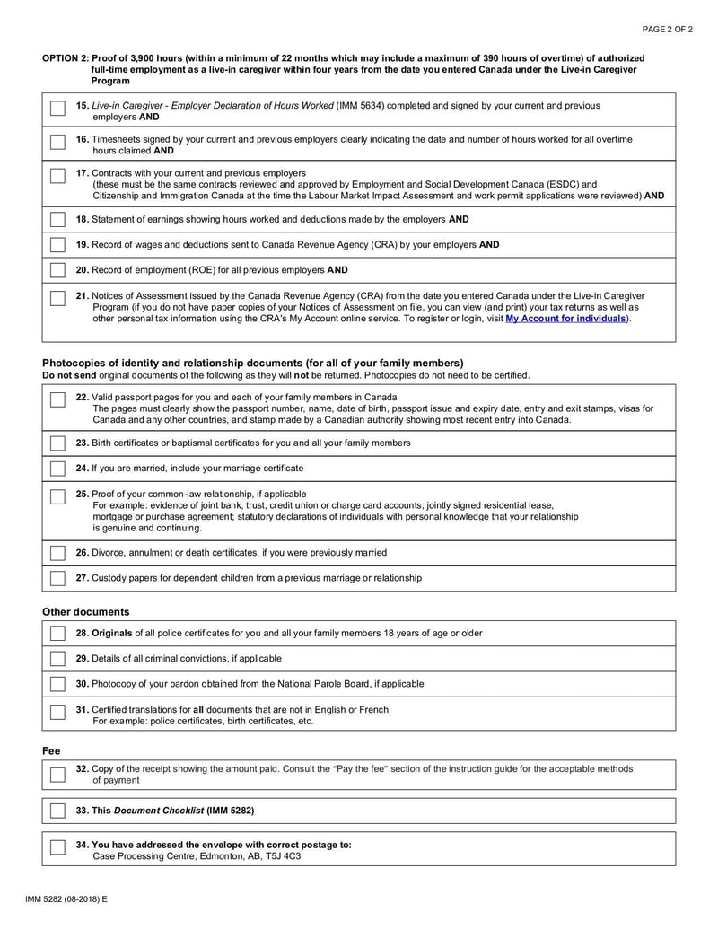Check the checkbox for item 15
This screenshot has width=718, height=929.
(x=57, y=110)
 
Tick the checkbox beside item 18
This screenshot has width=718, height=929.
(x=57, y=220)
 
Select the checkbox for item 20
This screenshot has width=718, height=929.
(x=57, y=270)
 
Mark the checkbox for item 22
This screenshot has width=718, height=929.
(x=57, y=400)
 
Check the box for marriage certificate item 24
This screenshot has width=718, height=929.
(x=57, y=469)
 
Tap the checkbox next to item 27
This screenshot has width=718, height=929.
(x=57, y=579)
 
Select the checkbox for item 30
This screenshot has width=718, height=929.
(x=57, y=684)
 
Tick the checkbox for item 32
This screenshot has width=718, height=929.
(x=57, y=774)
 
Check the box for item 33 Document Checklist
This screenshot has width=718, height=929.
(x=57, y=811)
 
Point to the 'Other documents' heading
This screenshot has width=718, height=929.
(x=86, y=612)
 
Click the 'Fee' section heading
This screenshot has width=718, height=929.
(x=51, y=750)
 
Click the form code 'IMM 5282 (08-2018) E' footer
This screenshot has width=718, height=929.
(x=66, y=898)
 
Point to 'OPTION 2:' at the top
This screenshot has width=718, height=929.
(x=66, y=58)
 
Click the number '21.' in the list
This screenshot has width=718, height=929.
(x=83, y=294)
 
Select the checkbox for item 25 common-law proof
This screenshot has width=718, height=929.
(x=57, y=497)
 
